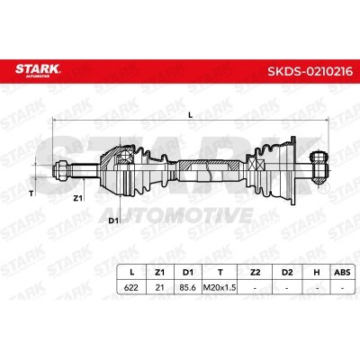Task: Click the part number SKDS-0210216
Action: coord(310,71)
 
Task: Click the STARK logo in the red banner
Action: coord(38,70)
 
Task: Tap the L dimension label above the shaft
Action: coord(190,114)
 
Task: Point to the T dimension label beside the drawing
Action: coord(31,193)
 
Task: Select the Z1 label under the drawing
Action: coord(78,198)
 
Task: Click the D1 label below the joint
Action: coord(112,221)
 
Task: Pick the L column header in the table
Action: coord(131,272)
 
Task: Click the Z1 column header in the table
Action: coord(160,272)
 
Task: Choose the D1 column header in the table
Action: coord(188,272)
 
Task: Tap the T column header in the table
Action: coord(220,272)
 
